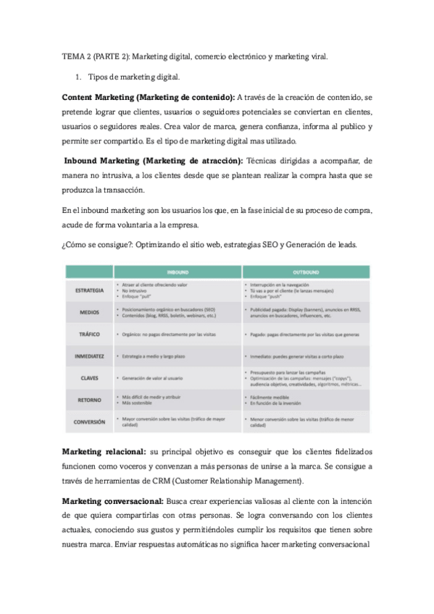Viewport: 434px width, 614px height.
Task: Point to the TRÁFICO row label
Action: click(x=89, y=335)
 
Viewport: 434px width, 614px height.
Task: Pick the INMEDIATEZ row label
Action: click(x=89, y=356)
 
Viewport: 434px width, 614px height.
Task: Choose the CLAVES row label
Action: click(x=89, y=378)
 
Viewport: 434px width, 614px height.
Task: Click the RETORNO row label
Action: click(x=89, y=400)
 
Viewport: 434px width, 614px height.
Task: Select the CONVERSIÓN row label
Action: click(x=89, y=421)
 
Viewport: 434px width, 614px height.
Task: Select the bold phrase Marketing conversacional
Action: click(x=112, y=500)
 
